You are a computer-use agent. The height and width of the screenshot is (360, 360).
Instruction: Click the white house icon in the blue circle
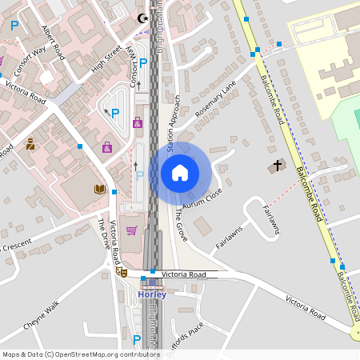tap(180, 172)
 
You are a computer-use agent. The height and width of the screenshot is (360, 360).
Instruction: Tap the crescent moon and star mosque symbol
tap(144, 18)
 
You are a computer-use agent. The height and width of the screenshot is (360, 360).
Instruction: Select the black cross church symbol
tap(278, 166)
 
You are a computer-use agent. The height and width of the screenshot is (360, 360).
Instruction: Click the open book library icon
tap(99, 189)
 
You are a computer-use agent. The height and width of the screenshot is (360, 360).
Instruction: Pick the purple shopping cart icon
tap(132, 230)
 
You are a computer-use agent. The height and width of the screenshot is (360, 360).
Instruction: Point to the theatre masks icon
tap(123, 272)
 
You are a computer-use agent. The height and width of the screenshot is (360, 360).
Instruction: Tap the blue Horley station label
tap(152, 294)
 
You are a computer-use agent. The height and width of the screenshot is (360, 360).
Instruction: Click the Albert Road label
tap(52, 42)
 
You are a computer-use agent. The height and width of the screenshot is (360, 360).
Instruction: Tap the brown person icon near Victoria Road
tap(30, 144)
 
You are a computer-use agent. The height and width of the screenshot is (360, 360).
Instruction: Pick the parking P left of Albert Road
tap(14, 25)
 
